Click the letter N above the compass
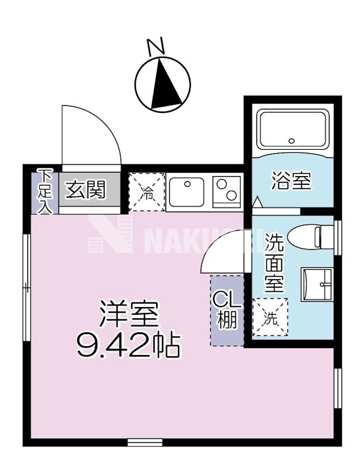pyautogui.click(x=155, y=47)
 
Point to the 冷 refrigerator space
pyautogui.click(x=147, y=192)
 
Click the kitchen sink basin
pyautogui.click(x=187, y=191)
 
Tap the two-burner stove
pyautogui.click(x=227, y=191)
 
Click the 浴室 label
pyautogui.click(x=290, y=181)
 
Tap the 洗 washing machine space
pyautogui.click(x=270, y=318)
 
